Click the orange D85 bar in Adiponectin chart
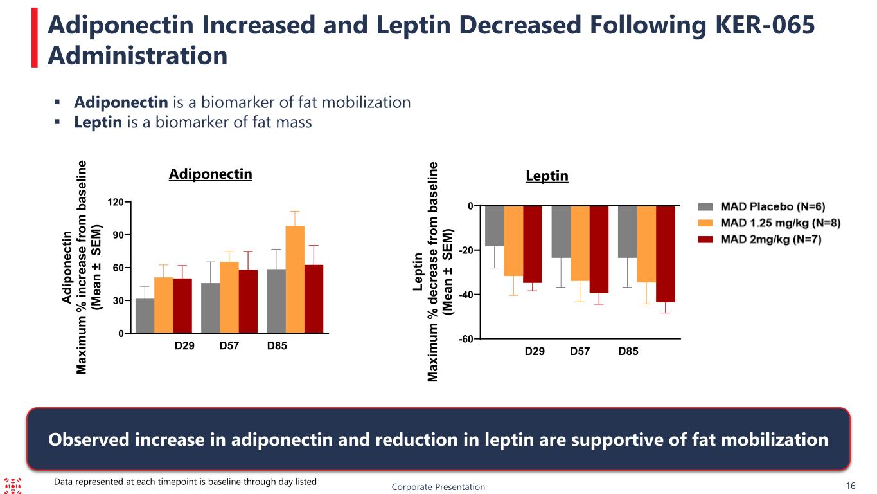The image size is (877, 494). (x=295, y=280)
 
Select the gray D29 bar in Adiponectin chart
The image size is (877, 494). (x=145, y=316)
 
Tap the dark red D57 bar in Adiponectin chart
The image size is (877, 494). (x=248, y=301)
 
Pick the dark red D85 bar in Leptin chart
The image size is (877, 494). (x=665, y=253)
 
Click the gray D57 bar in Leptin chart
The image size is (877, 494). (x=561, y=232)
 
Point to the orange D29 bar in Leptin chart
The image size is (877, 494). (x=513, y=241)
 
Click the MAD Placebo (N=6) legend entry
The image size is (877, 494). (x=761, y=206)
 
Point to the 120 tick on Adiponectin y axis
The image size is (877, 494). (x=117, y=202)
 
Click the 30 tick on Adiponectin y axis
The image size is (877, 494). (x=120, y=300)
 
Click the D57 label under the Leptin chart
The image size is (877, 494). (x=580, y=352)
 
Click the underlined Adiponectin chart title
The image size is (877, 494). (x=210, y=174)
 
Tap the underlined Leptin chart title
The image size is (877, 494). (x=547, y=176)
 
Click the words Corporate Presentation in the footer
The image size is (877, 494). (x=438, y=487)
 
